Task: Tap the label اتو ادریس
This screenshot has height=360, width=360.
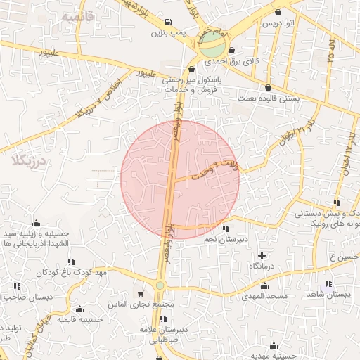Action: pyautogui.click(x=278, y=22)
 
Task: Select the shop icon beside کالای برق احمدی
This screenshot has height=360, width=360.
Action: pyautogui.click(x=231, y=51)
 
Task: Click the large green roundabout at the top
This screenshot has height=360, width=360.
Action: pyautogui.click(x=211, y=49)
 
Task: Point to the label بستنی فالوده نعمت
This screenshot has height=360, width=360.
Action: pyautogui.click(x=271, y=99)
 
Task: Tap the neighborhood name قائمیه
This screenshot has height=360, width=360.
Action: pyautogui.click(x=77, y=16)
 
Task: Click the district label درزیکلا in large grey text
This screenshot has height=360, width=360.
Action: pyautogui.click(x=28, y=161)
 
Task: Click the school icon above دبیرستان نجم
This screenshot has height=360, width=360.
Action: pyautogui.click(x=225, y=229)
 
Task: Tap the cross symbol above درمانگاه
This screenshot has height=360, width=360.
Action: pyautogui.click(x=262, y=255)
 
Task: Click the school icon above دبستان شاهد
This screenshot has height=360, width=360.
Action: pyautogui.click(x=345, y=283)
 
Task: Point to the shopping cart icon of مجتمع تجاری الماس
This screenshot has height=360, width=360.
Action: pyautogui.click(x=141, y=294)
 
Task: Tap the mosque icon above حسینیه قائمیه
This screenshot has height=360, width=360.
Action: pyautogui.click(x=79, y=309)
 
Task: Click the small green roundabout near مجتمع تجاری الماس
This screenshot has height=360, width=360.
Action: pyautogui.click(x=160, y=285)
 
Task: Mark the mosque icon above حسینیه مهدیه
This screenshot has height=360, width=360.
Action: pyautogui.click(x=275, y=345)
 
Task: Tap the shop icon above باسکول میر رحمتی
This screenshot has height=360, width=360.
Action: pyautogui.click(x=192, y=70)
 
